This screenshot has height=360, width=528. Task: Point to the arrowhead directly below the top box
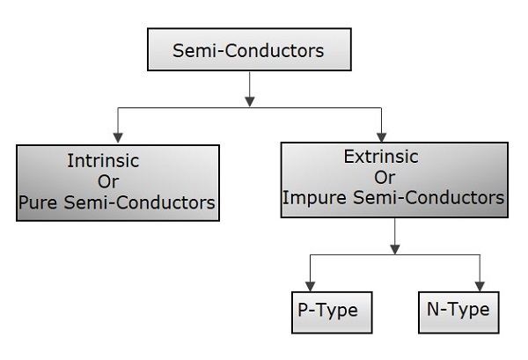[251, 100]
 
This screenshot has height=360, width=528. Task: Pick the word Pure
[38, 202]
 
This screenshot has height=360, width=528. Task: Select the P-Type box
[329, 312]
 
